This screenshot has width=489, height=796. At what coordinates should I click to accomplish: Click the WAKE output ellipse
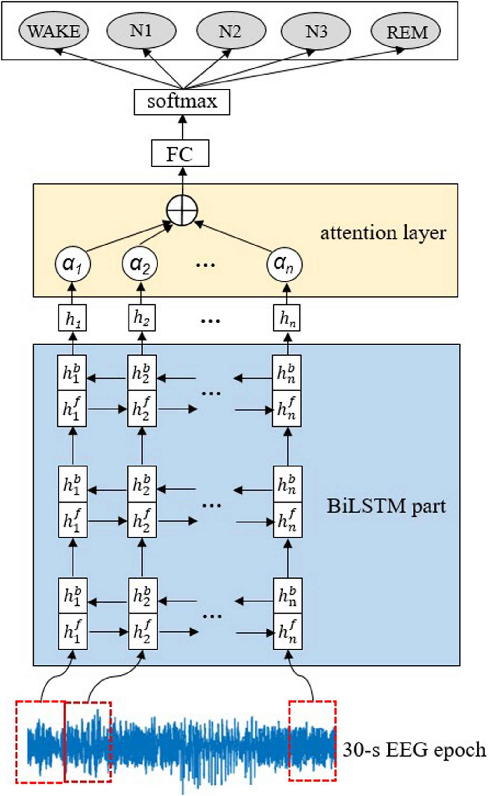[x=54, y=32]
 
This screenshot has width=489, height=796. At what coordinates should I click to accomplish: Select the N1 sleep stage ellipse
[x=141, y=31]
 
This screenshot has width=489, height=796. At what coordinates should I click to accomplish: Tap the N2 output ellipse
[x=231, y=31]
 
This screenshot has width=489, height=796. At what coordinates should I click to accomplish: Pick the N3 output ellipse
[x=316, y=32]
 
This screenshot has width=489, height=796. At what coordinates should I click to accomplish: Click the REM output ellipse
[x=406, y=32]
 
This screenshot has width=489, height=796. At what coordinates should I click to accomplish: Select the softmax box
[x=182, y=102]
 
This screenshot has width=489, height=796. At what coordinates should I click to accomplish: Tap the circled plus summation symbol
[x=182, y=210]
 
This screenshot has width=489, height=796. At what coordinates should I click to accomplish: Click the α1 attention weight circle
[x=73, y=264]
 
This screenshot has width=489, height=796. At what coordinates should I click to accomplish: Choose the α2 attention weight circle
[x=140, y=264]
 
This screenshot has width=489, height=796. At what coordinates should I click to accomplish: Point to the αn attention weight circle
[x=284, y=264]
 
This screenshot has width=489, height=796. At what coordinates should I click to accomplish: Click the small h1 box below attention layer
[x=73, y=318]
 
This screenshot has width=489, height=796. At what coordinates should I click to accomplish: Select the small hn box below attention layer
[x=287, y=318]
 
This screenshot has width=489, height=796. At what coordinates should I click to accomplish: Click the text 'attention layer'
[x=383, y=233]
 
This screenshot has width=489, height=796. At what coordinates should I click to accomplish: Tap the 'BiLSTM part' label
[x=386, y=506]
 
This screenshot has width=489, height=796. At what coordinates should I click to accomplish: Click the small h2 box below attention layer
[x=142, y=318]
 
